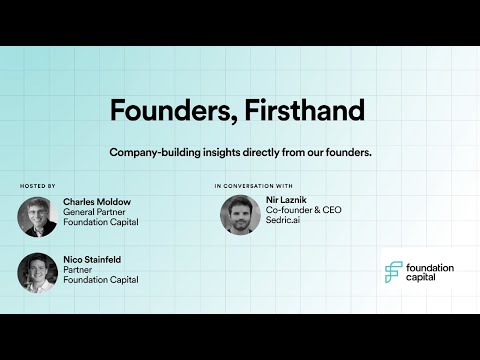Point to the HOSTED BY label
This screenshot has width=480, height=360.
[38, 186]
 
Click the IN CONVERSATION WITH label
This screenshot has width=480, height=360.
[253, 186]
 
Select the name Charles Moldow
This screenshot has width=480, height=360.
[97, 201]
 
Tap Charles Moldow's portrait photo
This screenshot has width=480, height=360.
[37, 216]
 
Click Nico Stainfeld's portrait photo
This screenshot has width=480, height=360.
[37, 272]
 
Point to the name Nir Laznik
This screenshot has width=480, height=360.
[282, 200]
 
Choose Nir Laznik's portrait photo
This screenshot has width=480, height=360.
[241, 214]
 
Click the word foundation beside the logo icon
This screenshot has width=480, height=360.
[431, 268]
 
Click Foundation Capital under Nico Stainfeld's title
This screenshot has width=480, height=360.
[100, 280]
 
